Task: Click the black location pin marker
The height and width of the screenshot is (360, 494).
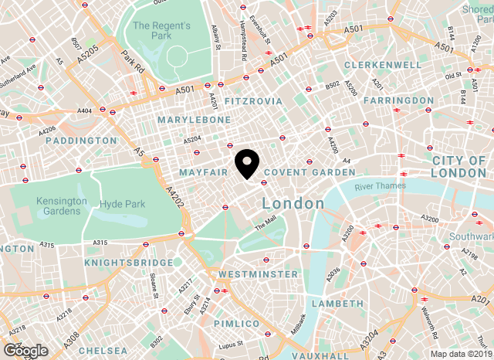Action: pos(247,163)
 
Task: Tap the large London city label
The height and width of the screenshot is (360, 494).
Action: pos(293,203)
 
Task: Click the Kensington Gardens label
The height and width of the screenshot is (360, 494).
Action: pos(61,205)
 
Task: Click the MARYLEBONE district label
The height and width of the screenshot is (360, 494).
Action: pos(194,121)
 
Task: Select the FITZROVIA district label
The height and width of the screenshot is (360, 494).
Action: pos(249,101)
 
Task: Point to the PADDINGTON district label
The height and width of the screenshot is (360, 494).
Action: pos(81,141)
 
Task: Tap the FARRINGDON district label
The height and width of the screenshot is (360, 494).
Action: pos(398,100)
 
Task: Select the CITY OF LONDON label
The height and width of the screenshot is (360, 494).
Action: pos(459,166)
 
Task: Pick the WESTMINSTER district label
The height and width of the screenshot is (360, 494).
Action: pos(258,274)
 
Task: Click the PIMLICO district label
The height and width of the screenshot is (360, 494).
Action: pos(236,323)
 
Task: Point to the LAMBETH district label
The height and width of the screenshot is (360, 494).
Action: pos(337,304)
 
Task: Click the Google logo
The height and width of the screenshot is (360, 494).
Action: pos(25,351)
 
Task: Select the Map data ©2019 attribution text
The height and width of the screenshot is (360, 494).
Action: pos(460,355)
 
